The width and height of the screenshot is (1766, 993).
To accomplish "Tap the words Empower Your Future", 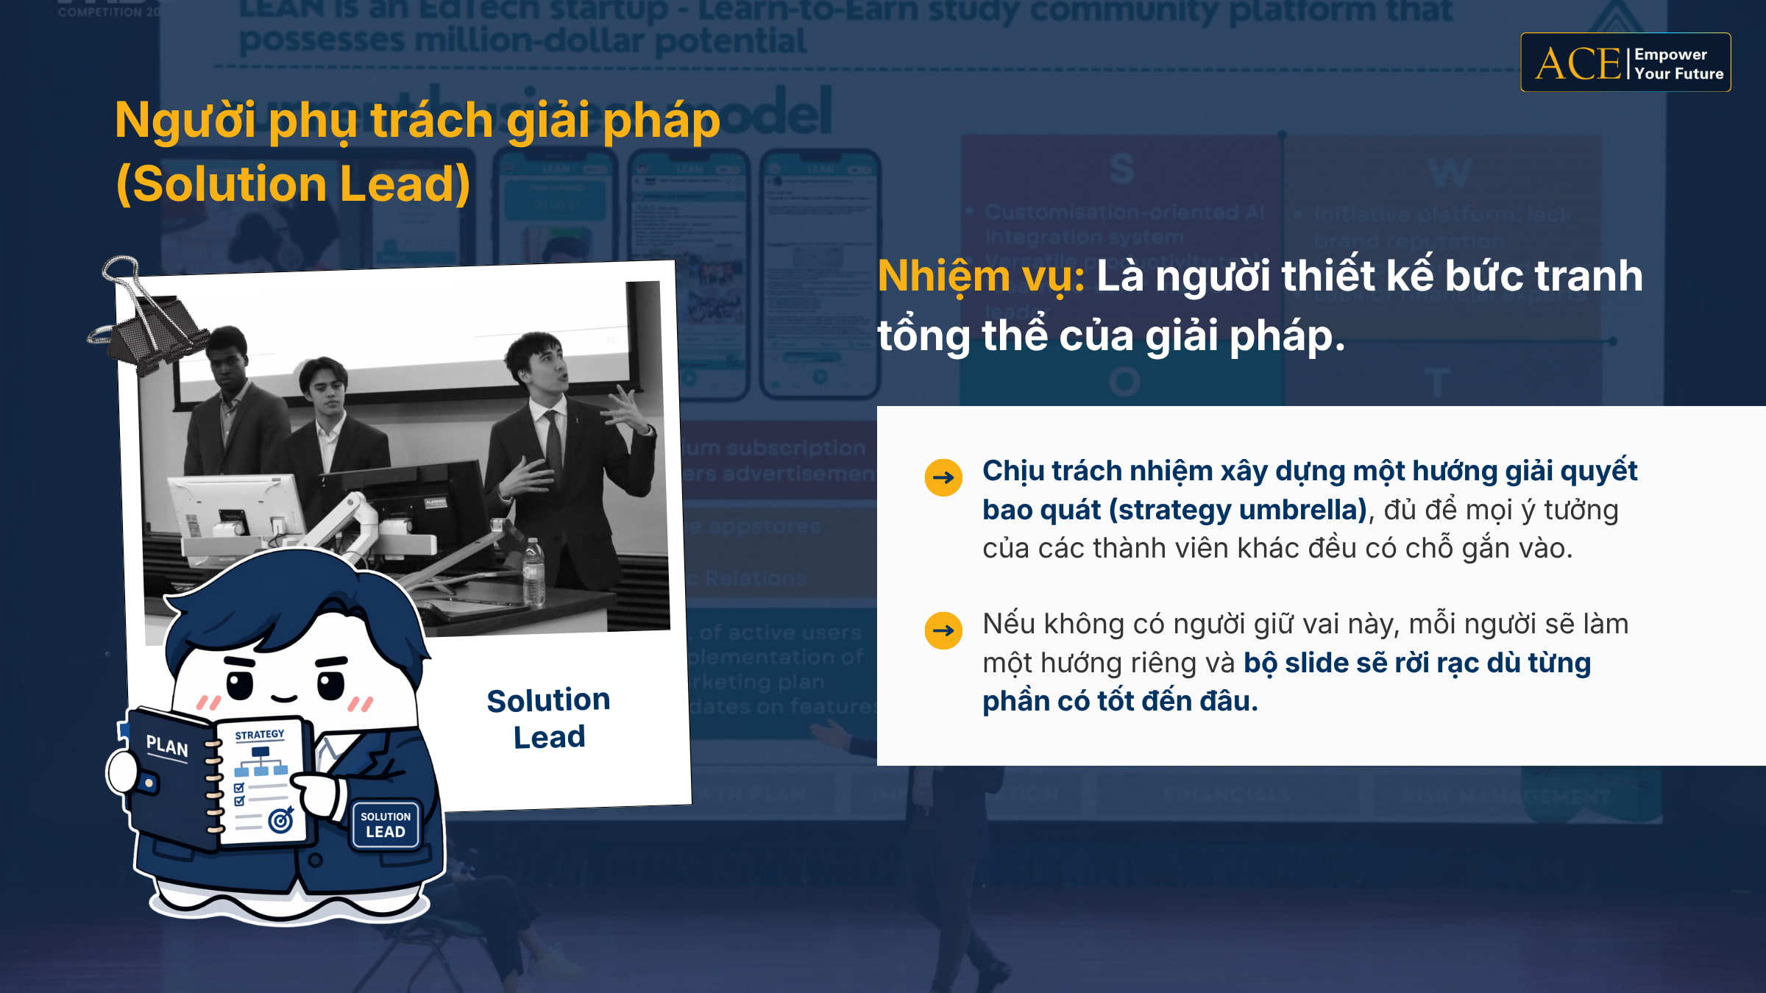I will click(x=1678, y=64).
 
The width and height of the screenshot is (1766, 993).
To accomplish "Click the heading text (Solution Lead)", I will click(x=293, y=184).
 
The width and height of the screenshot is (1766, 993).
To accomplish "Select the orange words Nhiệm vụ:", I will click(x=980, y=277).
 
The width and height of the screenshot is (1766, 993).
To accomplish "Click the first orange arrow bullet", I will click(x=943, y=477).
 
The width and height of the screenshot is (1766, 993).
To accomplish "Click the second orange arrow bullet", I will click(x=943, y=630).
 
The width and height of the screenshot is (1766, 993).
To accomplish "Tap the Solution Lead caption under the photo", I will click(x=549, y=718).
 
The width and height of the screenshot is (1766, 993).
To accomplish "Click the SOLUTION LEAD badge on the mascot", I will click(x=386, y=825).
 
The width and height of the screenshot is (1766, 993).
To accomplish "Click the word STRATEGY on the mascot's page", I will click(x=259, y=735).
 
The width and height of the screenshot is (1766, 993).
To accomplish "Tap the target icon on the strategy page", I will click(x=281, y=819).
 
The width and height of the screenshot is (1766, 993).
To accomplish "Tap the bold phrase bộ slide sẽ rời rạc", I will click(x=1362, y=663).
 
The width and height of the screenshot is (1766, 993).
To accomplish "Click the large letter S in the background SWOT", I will click(x=1121, y=169).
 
